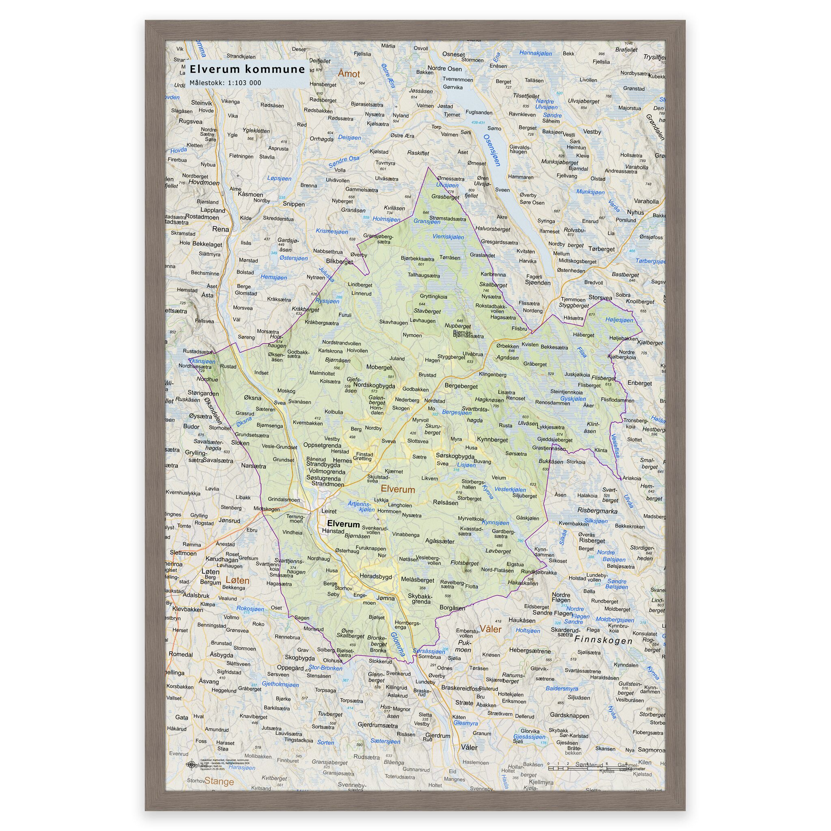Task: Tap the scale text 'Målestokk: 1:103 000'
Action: click(x=225, y=83)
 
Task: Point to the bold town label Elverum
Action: click(x=343, y=524)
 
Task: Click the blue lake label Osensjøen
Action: click(x=492, y=150)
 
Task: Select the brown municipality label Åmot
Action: click(x=349, y=74)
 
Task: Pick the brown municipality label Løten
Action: click(x=237, y=580)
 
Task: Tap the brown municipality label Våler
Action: click(x=491, y=629)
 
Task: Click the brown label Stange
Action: click(x=219, y=781)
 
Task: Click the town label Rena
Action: click(x=221, y=229)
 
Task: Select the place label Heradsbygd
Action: click(x=375, y=576)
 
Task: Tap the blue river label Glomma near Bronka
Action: click(x=398, y=644)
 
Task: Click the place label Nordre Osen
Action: click(x=445, y=69)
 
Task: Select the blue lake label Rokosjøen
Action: click(x=250, y=609)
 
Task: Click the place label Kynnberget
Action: click(x=493, y=439)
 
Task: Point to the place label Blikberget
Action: click(x=339, y=262)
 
